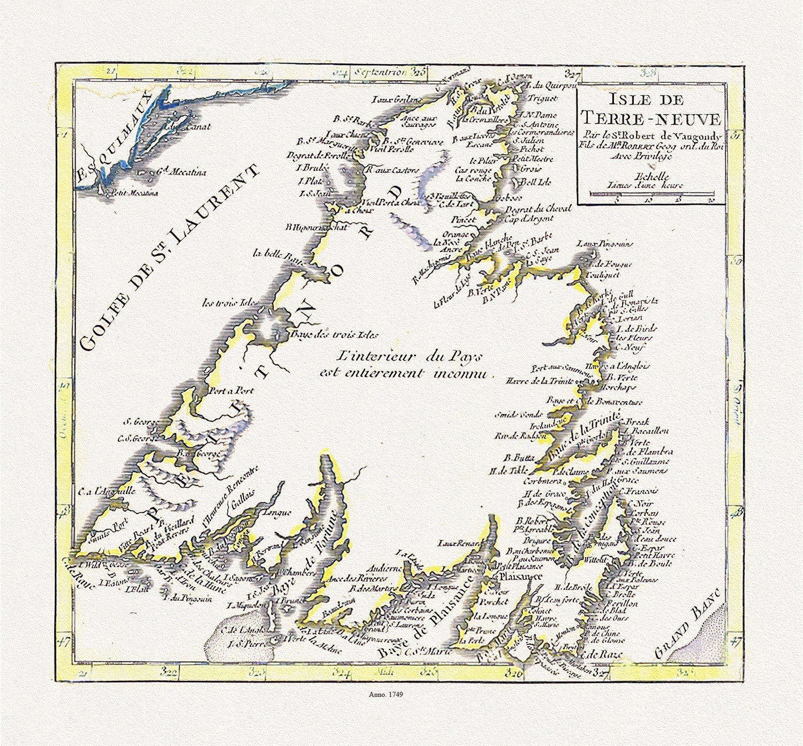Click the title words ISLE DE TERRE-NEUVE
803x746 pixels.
click(x=651, y=109)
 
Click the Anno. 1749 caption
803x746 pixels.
click(x=385, y=694)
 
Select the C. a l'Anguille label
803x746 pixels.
click(x=107, y=490)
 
